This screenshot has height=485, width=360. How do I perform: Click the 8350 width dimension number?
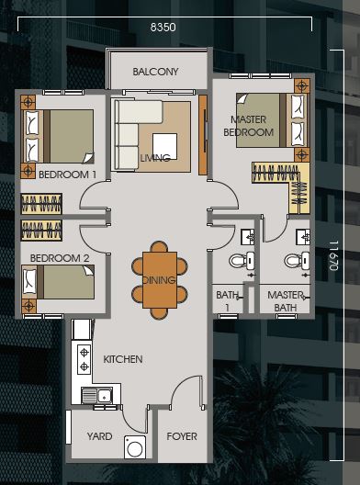pyautogui.click(x=163, y=28)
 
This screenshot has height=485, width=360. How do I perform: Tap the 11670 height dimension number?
pyautogui.click(x=333, y=255)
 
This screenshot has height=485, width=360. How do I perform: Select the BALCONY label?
pyautogui.click(x=155, y=72)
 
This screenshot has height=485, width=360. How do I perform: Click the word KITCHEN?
pyautogui.click(x=123, y=359)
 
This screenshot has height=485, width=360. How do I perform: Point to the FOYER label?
pyautogui.click(x=182, y=436)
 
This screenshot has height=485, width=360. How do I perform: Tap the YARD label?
pyautogui.click(x=99, y=436)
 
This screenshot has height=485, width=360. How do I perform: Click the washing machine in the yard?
pyautogui.click(x=135, y=447)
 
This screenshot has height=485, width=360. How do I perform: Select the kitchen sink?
pyautogui.click(x=96, y=395)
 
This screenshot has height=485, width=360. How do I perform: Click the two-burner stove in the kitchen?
pyautogui.click(x=84, y=359)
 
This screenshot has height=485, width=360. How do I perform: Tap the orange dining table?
pyautogui.click(x=160, y=280)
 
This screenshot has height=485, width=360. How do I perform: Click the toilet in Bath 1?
pyautogui.click(x=242, y=261)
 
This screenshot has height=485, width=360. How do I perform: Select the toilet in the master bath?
pyautogui.click(x=297, y=261)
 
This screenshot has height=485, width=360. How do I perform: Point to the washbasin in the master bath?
pyautogui.click(x=303, y=237)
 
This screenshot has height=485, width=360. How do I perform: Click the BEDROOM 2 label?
pyautogui.click(x=60, y=258)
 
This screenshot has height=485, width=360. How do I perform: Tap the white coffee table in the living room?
pyautogui.click(x=164, y=146)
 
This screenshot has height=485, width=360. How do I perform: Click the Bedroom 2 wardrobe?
pyautogui.click(x=41, y=231)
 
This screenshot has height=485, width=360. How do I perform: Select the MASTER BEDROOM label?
pyautogui.click(x=249, y=126)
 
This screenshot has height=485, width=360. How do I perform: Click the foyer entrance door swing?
pyautogui.click(x=187, y=392)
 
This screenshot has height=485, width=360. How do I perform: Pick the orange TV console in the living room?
pyautogui.click(x=203, y=135)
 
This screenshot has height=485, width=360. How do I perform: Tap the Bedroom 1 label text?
pyautogui.click(x=67, y=175)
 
